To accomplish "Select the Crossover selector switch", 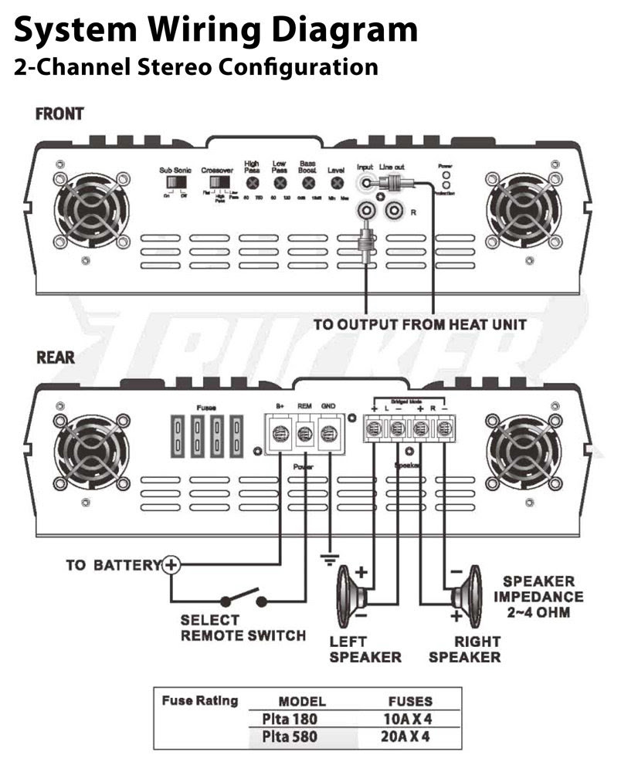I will pyautogui.click(x=217, y=183).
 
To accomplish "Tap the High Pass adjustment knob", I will pyautogui.click(x=251, y=184).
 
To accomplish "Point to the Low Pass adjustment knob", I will pyautogui.click(x=280, y=184).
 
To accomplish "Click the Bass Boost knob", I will pyautogui.click(x=308, y=184).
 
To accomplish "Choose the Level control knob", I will pyautogui.click(x=337, y=184).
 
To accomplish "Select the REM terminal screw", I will pyautogui.click(x=305, y=432).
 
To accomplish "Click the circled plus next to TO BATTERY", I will pyautogui.click(x=171, y=565).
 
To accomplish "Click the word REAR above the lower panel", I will pyautogui.click(x=56, y=357).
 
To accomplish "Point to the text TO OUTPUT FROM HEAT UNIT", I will pyautogui.click(x=419, y=324).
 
